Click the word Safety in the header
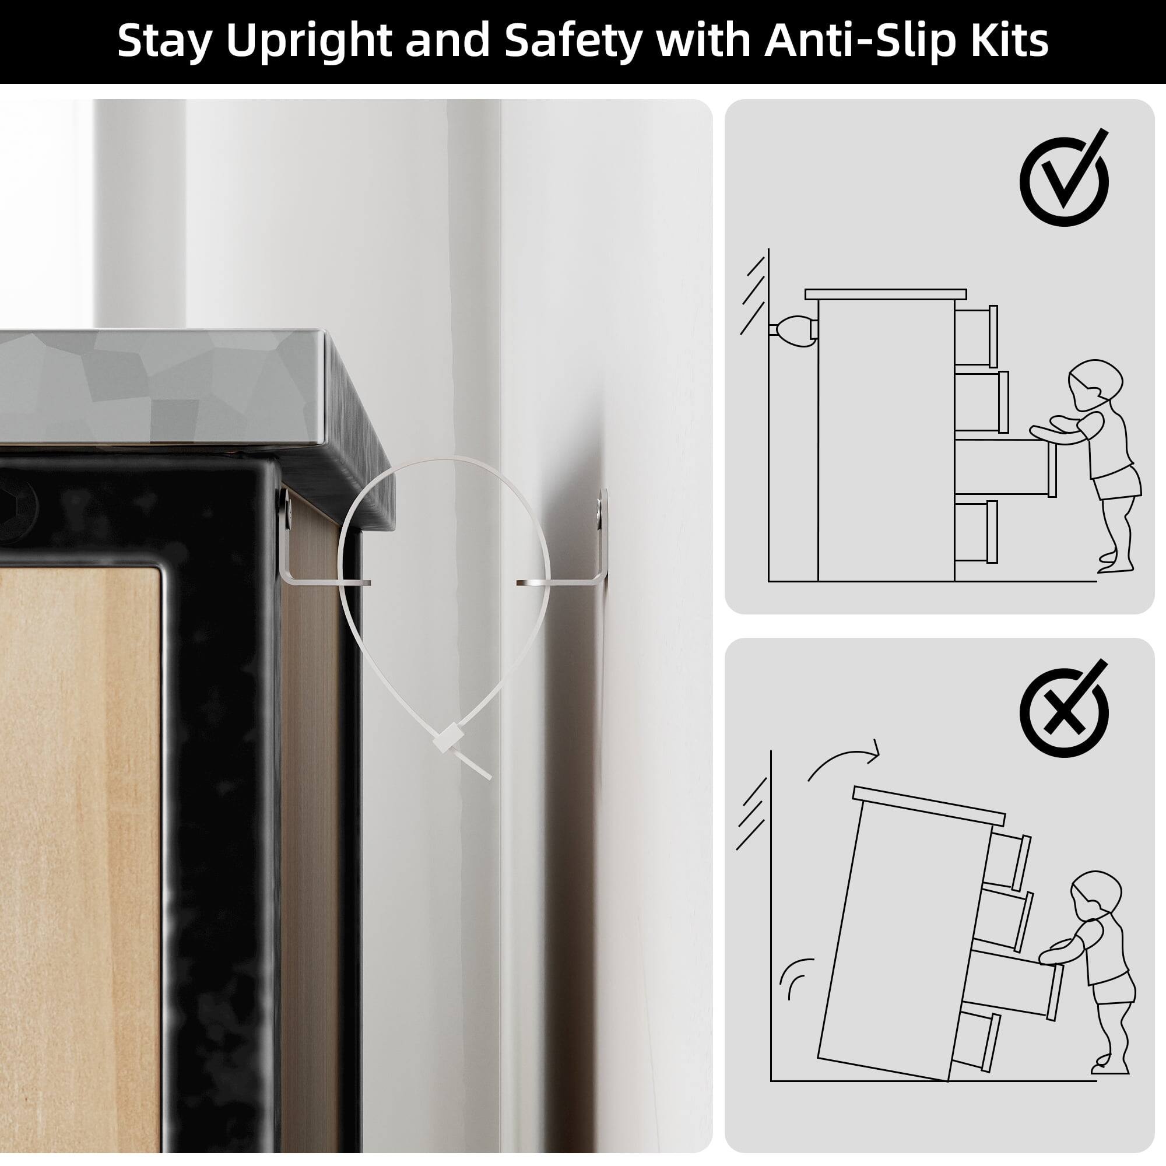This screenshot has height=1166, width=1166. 571,41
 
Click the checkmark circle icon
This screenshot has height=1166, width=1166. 1064,180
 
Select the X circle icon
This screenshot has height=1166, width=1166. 1064,712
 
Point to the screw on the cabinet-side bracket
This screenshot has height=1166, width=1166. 285,501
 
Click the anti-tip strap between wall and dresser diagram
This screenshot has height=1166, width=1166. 793,329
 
